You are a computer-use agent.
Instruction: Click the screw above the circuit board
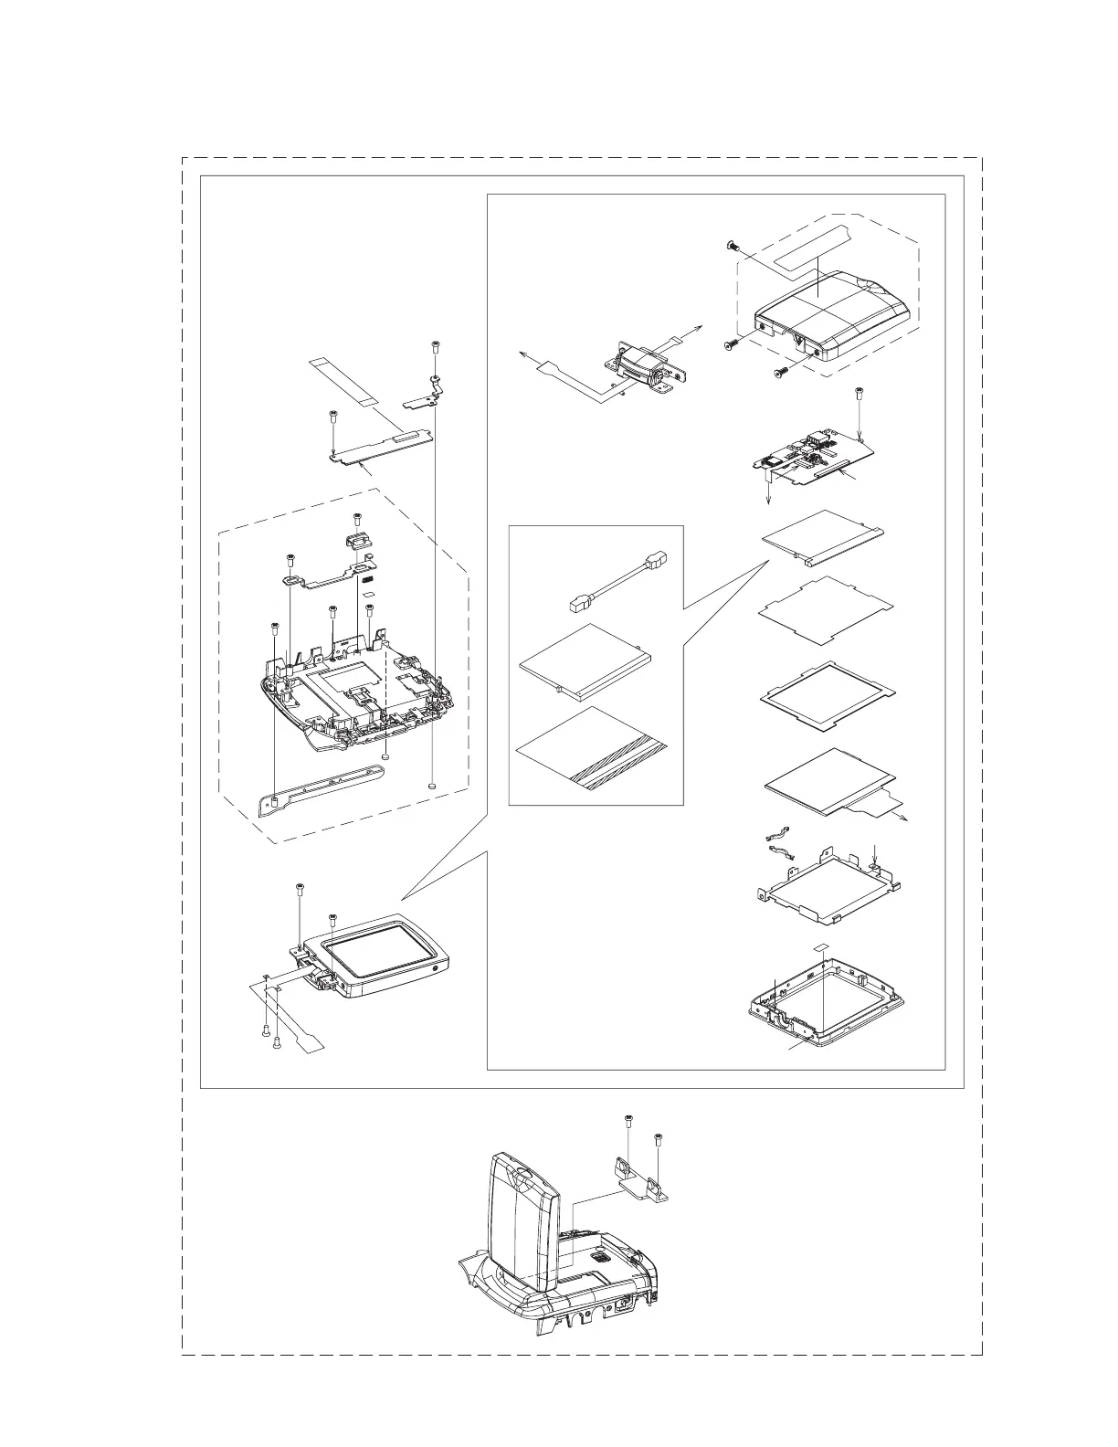pos(859,395)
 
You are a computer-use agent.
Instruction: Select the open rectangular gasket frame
pos(827,696)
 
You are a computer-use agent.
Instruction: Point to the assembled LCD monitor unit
pos(384,956)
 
